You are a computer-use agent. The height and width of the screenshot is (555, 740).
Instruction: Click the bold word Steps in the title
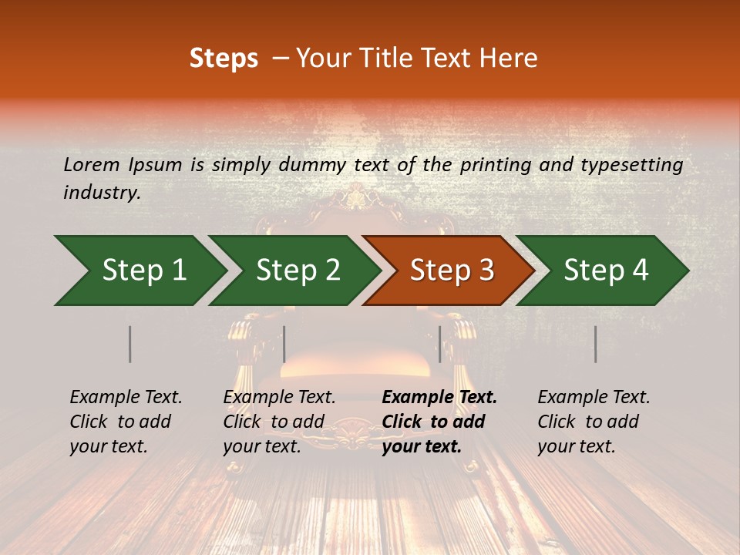[224, 59]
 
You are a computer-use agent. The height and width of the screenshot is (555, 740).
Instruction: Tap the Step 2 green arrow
[297, 271]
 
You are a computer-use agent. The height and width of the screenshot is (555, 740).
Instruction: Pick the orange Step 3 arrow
[451, 271]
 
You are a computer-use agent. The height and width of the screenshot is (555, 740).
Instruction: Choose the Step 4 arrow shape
[605, 271]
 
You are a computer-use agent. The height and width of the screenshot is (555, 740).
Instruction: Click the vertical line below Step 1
[130, 344]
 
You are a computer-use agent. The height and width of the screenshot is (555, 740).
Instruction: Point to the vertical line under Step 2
[284, 344]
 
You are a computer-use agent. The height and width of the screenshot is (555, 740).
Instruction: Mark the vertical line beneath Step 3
[439, 344]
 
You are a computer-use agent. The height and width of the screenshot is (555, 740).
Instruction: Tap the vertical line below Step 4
[595, 344]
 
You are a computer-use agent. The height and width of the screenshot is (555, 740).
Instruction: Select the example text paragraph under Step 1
[126, 422]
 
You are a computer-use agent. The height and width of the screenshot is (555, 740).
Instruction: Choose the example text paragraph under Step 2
[279, 422]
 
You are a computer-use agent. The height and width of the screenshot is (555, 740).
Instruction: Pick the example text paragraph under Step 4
[594, 422]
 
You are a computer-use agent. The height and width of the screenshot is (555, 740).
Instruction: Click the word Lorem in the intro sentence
[92, 165]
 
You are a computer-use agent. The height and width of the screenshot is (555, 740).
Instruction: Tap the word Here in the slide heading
[510, 59]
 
